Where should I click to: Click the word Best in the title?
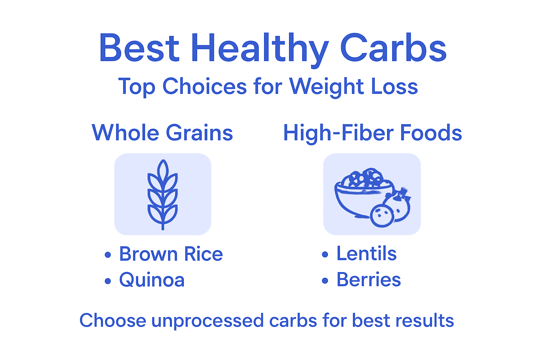click(x=139, y=48)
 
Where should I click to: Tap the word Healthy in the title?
click(x=260, y=49)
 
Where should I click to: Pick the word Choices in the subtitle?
click(x=204, y=86)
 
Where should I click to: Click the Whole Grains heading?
click(x=162, y=133)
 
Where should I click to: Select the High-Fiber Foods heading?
click(x=372, y=133)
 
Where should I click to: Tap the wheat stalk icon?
click(x=162, y=194)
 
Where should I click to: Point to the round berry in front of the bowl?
click(x=382, y=215)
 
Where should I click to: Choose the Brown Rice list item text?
click(x=171, y=254)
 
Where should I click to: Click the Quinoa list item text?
click(x=152, y=280)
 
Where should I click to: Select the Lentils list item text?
click(x=366, y=253)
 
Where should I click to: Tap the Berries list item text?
click(x=368, y=280)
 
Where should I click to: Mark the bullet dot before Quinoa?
click(x=108, y=281)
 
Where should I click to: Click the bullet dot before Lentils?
click(x=325, y=255)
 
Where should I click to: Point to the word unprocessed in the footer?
click(x=207, y=321)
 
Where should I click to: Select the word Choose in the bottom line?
click(x=112, y=321)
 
